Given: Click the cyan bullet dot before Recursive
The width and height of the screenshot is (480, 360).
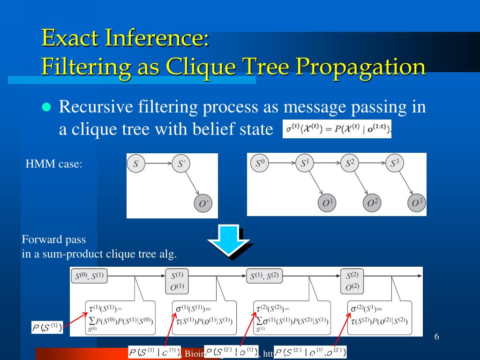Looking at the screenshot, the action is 46,107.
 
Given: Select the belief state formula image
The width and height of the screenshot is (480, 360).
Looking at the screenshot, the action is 337,129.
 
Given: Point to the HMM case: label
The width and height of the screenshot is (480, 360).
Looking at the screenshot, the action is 54,165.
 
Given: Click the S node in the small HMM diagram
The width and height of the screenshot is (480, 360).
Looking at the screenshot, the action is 136,164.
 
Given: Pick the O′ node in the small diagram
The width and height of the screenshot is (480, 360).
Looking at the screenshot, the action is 203,204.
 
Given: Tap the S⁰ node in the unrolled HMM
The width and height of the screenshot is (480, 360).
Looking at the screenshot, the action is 259,164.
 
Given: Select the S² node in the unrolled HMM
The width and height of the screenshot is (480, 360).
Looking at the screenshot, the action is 349,164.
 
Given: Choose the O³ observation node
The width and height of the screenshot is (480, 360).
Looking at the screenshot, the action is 415,203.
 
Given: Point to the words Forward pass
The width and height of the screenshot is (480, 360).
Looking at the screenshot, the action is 54,240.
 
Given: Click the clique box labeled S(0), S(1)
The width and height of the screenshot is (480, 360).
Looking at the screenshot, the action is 89,276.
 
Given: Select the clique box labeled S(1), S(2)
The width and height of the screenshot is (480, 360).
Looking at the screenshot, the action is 265,276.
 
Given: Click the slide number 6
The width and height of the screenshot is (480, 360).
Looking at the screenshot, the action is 436,337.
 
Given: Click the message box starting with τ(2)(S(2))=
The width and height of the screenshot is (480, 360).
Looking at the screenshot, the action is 291,317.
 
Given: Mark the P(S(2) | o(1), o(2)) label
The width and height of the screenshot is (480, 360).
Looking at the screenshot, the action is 310,352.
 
